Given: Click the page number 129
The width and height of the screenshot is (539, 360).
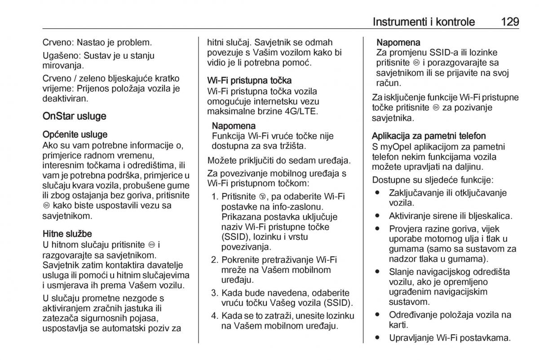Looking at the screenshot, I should [x=504, y=22].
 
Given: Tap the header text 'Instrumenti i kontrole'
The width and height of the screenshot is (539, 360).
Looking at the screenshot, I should [x=424, y=22].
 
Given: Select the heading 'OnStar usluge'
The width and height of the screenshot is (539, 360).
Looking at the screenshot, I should [x=74, y=116].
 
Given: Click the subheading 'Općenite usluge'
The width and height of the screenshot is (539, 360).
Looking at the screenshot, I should [x=75, y=135].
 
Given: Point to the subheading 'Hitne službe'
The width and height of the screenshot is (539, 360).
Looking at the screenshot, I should [x=67, y=233].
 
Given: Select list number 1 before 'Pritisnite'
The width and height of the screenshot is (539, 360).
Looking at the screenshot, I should [x=214, y=197].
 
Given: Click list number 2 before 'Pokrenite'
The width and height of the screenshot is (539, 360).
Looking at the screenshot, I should [x=214, y=259].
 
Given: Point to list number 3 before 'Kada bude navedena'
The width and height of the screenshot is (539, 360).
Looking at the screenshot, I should [x=214, y=293].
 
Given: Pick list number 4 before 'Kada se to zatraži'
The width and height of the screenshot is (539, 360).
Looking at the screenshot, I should [x=214, y=316].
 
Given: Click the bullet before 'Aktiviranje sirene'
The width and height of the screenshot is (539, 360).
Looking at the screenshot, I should [x=378, y=215].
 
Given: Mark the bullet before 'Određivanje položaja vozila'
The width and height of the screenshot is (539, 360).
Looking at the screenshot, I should [x=378, y=315].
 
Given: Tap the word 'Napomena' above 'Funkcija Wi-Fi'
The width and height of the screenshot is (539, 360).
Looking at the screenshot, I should [x=234, y=125].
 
